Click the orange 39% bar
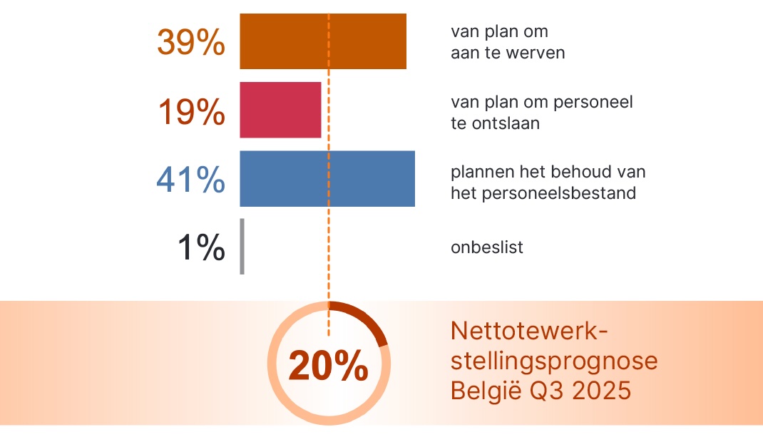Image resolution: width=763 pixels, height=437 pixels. pos(323,41)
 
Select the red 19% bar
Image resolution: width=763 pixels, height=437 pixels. pos(280,110)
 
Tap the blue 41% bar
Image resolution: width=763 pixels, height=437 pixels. pos(327,179)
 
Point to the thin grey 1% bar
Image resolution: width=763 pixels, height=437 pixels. pos(242,246)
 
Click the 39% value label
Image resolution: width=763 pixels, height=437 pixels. pos(191,42)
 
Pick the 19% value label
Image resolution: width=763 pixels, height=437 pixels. pos(191,111)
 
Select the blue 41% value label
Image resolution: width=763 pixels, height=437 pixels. pos(190,180)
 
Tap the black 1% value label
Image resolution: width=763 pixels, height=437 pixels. pos(201,247)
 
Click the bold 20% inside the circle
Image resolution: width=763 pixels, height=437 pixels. pos(329,366)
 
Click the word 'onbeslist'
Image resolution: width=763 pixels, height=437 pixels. pos(486,247)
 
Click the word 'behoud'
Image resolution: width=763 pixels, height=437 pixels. pos(573,172)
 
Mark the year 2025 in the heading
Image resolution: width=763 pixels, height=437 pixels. pos(602,390)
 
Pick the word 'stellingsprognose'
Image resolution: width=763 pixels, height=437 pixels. pos(554,361)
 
